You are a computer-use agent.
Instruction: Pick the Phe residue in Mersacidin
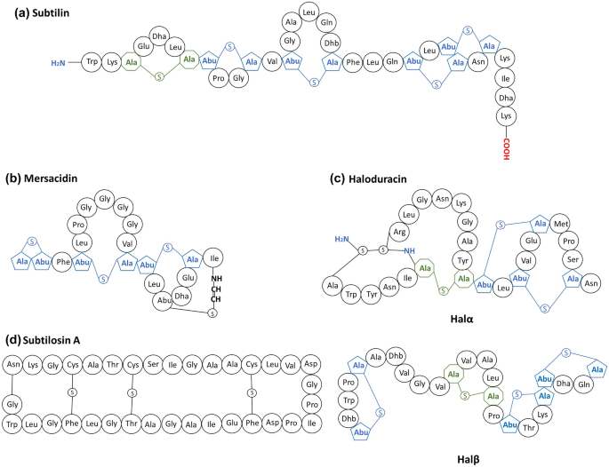click(x=63, y=262)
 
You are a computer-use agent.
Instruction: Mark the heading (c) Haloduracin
click(x=370, y=178)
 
